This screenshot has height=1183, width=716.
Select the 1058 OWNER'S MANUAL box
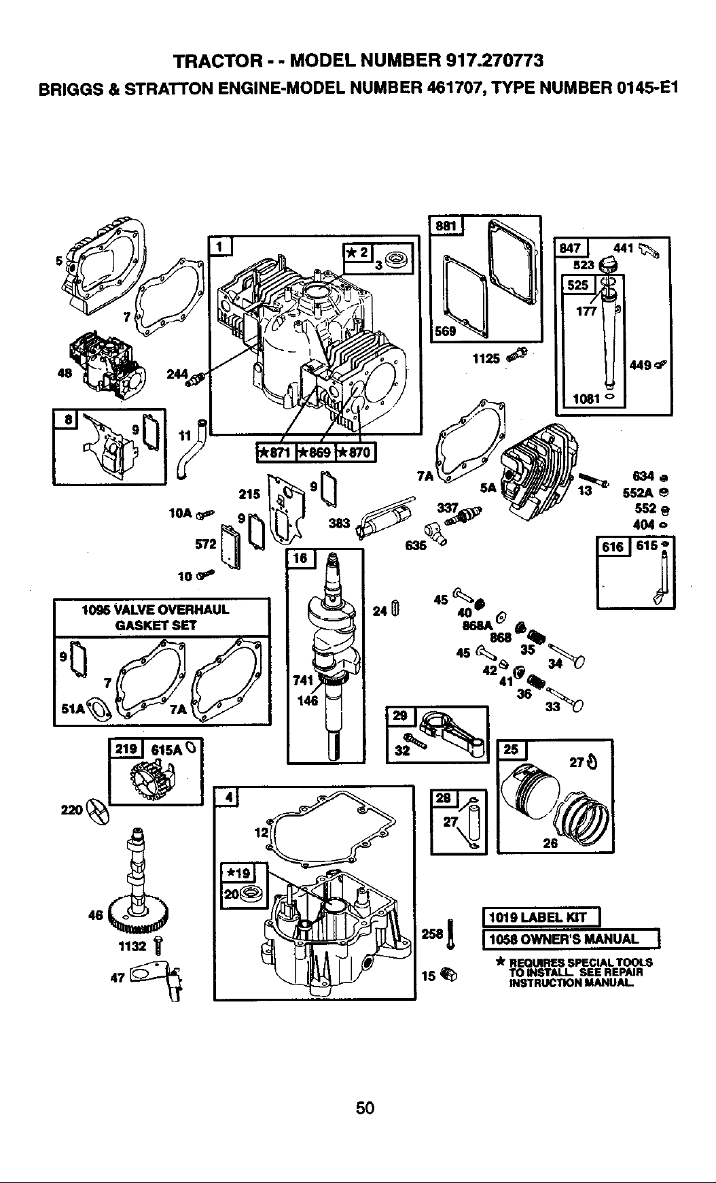tap(571, 939)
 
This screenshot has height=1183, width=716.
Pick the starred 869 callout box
tap(315, 451)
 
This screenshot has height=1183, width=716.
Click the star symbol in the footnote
tap(499, 961)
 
